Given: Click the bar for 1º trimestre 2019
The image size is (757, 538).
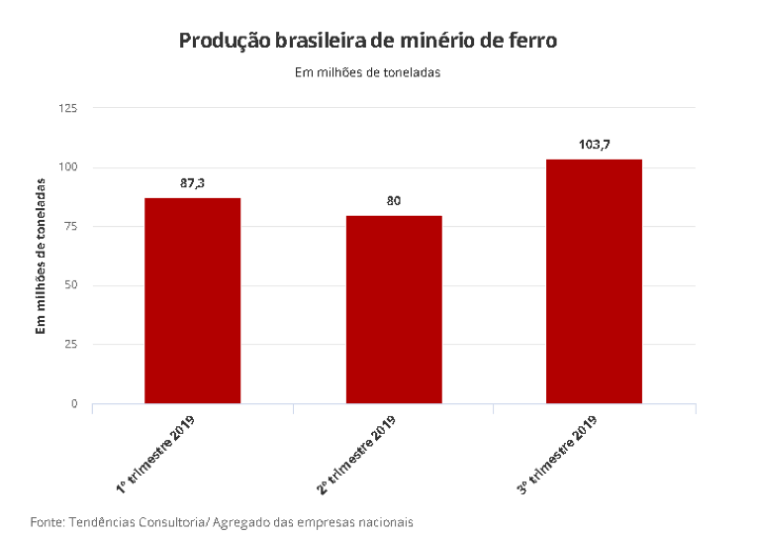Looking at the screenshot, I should click(192, 300).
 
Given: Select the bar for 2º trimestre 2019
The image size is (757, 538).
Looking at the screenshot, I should click(394, 309).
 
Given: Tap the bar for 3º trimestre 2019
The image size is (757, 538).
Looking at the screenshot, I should click(594, 281).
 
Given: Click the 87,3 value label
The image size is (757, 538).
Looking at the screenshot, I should click(192, 183).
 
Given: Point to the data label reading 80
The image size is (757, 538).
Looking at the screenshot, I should click(394, 201).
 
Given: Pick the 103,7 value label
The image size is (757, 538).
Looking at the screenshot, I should click(594, 145).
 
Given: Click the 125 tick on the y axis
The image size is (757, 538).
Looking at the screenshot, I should click(68, 107).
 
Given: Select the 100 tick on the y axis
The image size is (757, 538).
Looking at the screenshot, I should click(68, 166).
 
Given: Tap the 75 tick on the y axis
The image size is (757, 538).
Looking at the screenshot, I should click(71, 226).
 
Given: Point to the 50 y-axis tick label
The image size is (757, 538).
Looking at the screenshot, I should click(71, 285).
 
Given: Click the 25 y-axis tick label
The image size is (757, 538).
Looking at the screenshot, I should click(71, 345).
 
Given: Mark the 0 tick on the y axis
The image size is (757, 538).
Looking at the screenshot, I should click(74, 404).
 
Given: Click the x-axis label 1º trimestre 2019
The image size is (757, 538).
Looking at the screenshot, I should click(159, 454).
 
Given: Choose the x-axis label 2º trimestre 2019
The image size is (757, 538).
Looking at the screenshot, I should click(357, 454).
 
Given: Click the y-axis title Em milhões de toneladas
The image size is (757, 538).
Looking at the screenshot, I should click(42, 256).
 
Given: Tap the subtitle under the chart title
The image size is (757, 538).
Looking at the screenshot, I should click(367, 72).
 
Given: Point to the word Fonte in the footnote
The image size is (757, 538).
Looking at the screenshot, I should click(46, 521).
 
